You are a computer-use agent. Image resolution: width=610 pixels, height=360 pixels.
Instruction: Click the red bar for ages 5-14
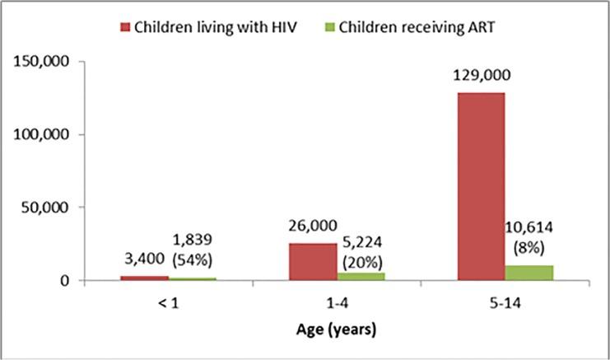[x=481, y=186]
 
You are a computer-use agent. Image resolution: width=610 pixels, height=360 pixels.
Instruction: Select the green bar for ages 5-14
[x=529, y=273]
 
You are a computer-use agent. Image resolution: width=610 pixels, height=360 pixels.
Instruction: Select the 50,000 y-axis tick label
[x=46, y=208]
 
